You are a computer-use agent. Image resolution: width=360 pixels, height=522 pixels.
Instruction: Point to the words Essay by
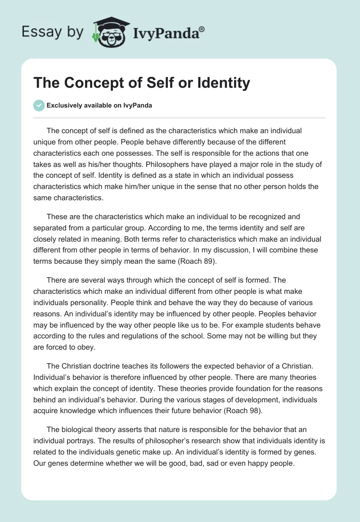[52, 32]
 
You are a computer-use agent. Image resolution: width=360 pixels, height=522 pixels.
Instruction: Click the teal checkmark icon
[39, 106]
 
